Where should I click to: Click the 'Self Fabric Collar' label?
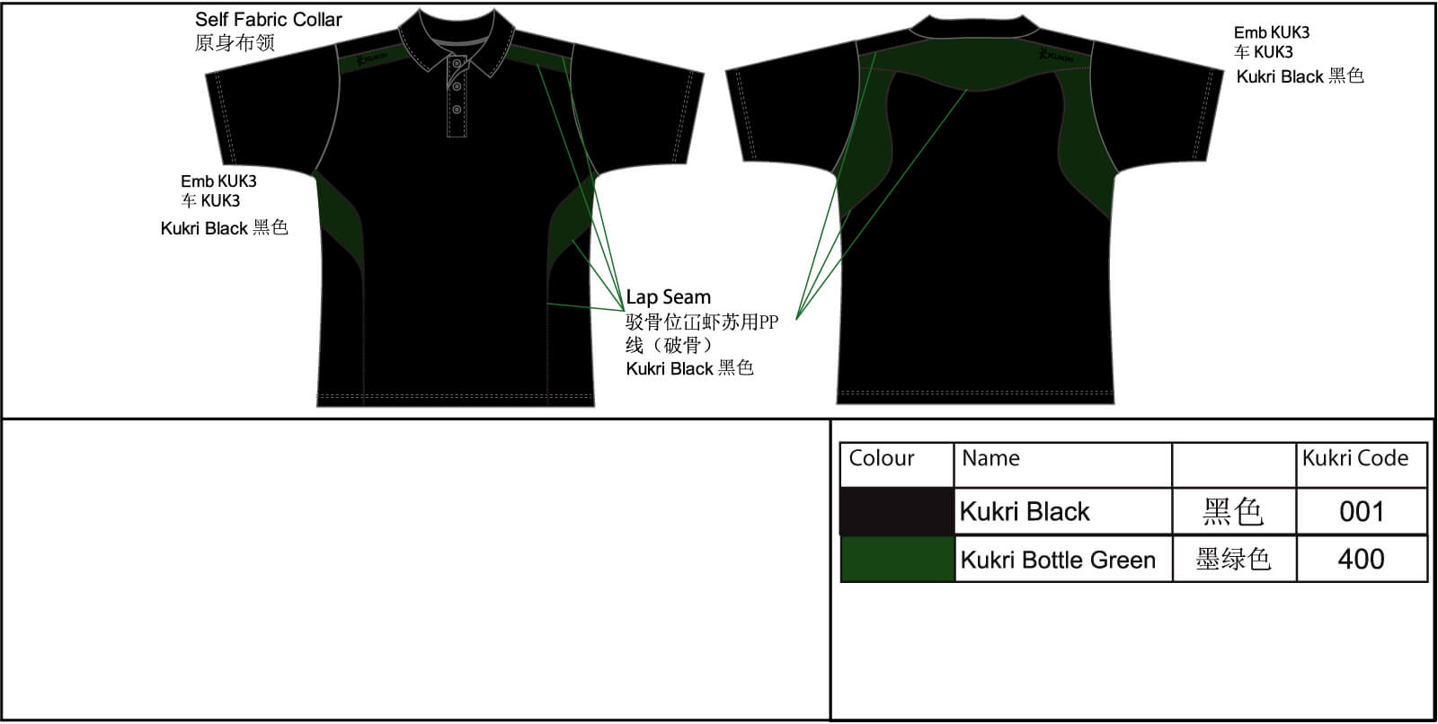pyautogui.click(x=269, y=20)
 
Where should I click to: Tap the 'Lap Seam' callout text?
pyautogui.click(x=669, y=297)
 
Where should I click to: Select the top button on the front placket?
pyautogui.click(x=457, y=64)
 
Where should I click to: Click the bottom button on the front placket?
pyautogui.click(x=457, y=110)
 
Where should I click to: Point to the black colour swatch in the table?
pyautogui.click(x=897, y=511)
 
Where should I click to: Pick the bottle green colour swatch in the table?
pyautogui.click(x=898, y=559)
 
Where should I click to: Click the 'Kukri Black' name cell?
pyautogui.click(x=1025, y=511)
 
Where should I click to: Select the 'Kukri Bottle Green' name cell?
pyautogui.click(x=1058, y=560)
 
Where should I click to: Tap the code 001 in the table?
pyautogui.click(x=1361, y=511)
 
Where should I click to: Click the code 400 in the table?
pyautogui.click(x=1361, y=559)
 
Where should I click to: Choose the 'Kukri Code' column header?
pyautogui.click(x=1355, y=458)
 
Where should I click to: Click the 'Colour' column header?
pyautogui.click(x=882, y=458)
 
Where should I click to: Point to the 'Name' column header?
pyautogui.click(x=990, y=458)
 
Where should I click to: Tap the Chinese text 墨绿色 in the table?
pyautogui.click(x=1233, y=559)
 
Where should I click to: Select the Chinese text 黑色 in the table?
pyautogui.click(x=1233, y=511)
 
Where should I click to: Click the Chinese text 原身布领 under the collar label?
pyautogui.click(x=235, y=43)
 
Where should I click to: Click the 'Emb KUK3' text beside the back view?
pyautogui.click(x=1272, y=32)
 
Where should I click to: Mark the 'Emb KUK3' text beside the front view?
pyautogui.click(x=218, y=181)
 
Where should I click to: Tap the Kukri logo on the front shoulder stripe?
pyautogui.click(x=372, y=58)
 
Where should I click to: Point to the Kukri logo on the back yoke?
pyautogui.click(x=1056, y=56)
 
